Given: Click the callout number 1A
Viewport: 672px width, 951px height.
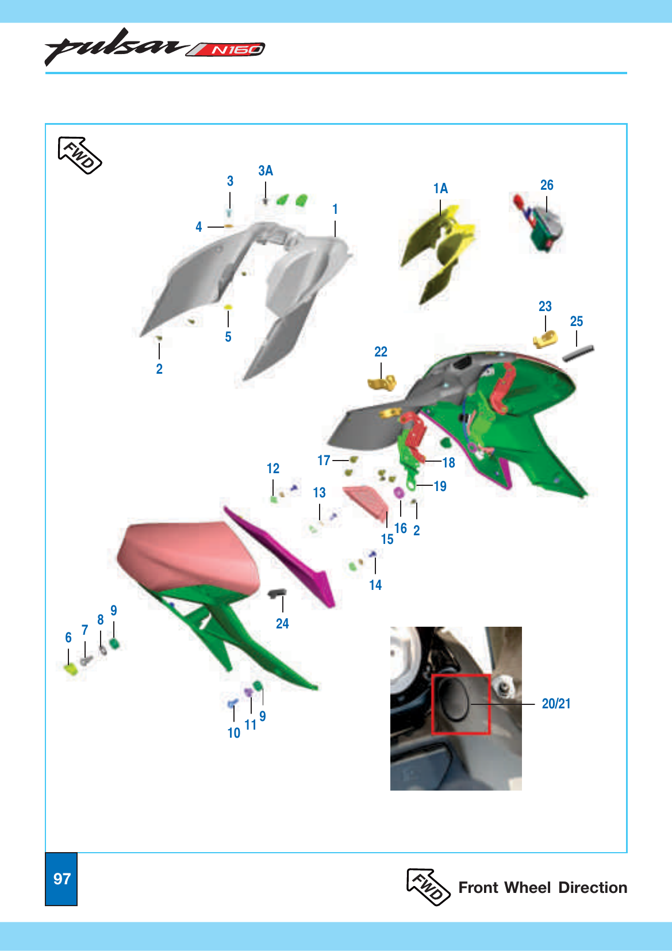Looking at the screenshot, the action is pyautogui.click(x=440, y=188).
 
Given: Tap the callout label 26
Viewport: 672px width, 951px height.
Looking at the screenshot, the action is pyautogui.click(x=547, y=185).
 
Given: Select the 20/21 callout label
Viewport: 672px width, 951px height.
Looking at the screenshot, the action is pyautogui.click(x=556, y=704).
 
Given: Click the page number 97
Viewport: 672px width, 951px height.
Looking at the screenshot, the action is pyautogui.click(x=62, y=879).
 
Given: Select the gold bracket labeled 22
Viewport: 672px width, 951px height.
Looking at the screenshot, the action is pyautogui.click(x=382, y=383).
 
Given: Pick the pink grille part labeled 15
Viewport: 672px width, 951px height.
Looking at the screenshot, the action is pyautogui.click(x=366, y=503).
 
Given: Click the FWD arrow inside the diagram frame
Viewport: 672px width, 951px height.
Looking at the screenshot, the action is pyautogui.click(x=80, y=155).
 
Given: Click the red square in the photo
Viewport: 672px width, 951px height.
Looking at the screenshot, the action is pyautogui.click(x=461, y=704).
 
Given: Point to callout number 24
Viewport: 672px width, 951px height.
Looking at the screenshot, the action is pyautogui.click(x=282, y=623).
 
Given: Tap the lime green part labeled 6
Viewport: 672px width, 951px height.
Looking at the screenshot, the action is pyautogui.click(x=71, y=670).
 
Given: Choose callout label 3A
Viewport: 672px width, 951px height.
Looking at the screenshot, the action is pyautogui.click(x=266, y=170).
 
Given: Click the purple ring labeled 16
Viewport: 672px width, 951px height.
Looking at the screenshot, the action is pyautogui.click(x=399, y=493).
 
